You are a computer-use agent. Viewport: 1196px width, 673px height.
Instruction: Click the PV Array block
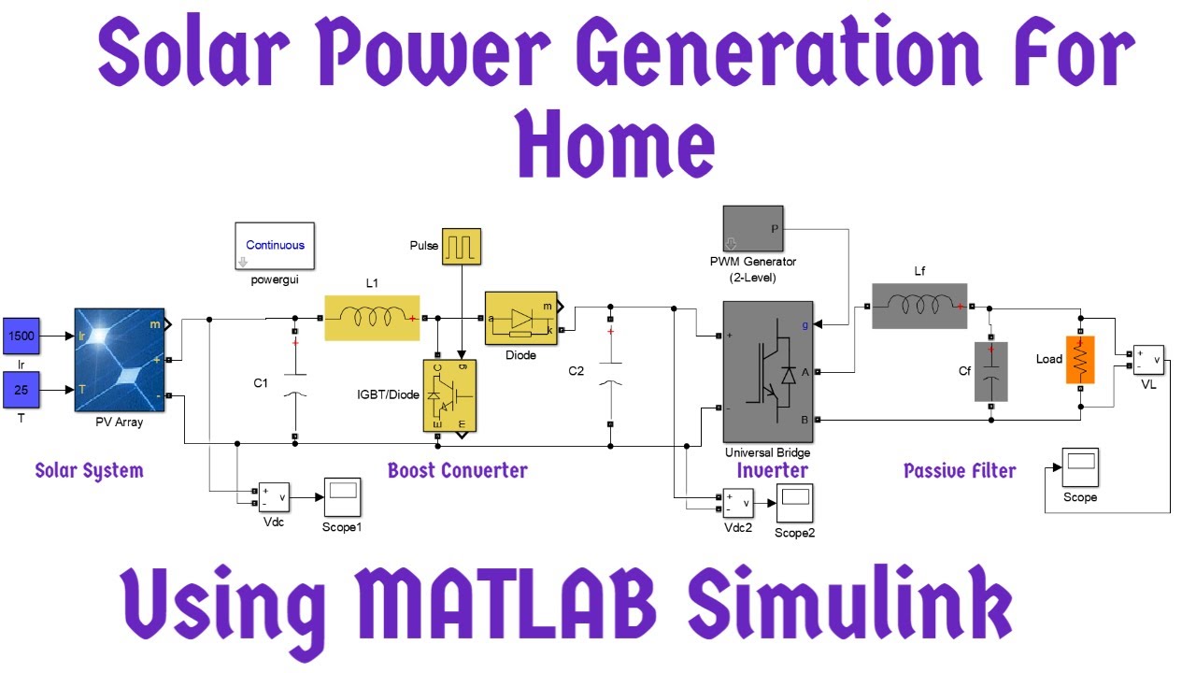119,359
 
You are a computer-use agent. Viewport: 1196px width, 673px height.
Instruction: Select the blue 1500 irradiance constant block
21,335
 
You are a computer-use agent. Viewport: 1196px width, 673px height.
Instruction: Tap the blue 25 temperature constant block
21,390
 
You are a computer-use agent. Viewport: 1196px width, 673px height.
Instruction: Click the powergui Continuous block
275,246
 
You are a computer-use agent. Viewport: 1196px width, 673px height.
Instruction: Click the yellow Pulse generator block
461,247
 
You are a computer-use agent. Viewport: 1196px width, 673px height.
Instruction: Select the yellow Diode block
520,319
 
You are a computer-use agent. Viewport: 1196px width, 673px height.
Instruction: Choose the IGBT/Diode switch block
449,396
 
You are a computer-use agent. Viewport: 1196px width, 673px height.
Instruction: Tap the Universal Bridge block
767,372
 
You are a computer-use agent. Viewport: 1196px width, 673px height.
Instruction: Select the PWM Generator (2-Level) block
755,229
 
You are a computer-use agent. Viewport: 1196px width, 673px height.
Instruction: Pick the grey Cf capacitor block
991,371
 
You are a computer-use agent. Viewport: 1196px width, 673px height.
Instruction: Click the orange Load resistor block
1079,360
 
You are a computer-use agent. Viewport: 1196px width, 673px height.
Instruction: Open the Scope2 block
793,503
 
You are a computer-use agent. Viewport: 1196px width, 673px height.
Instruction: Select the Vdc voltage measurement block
274,497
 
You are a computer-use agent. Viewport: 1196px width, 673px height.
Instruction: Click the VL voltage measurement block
1147,360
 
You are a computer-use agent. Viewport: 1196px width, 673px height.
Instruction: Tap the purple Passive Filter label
960,470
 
